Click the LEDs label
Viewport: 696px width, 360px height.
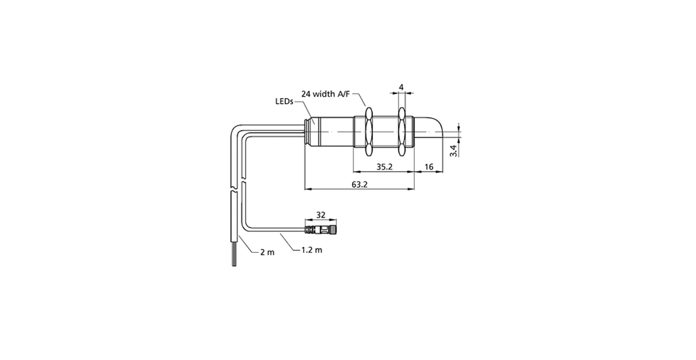(284, 101)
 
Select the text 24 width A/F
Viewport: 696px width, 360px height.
(325, 94)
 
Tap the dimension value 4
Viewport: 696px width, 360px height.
(401, 87)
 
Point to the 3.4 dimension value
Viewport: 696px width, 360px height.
(454, 151)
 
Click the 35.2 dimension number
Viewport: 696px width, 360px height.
(384, 167)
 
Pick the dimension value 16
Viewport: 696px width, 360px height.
(429, 167)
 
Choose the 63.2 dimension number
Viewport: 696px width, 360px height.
(359, 184)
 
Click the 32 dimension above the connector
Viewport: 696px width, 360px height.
(321, 215)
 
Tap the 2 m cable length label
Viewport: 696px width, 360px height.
(267, 252)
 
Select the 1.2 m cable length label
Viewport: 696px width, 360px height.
(312, 250)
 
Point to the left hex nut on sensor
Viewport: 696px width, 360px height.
(369, 131)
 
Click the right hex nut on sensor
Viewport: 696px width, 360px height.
(402, 131)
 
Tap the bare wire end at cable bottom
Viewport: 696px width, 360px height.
(234, 254)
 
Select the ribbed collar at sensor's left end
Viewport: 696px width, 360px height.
(308, 131)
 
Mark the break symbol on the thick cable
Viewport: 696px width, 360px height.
(235, 189)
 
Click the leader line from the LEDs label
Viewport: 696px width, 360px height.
(305, 112)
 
